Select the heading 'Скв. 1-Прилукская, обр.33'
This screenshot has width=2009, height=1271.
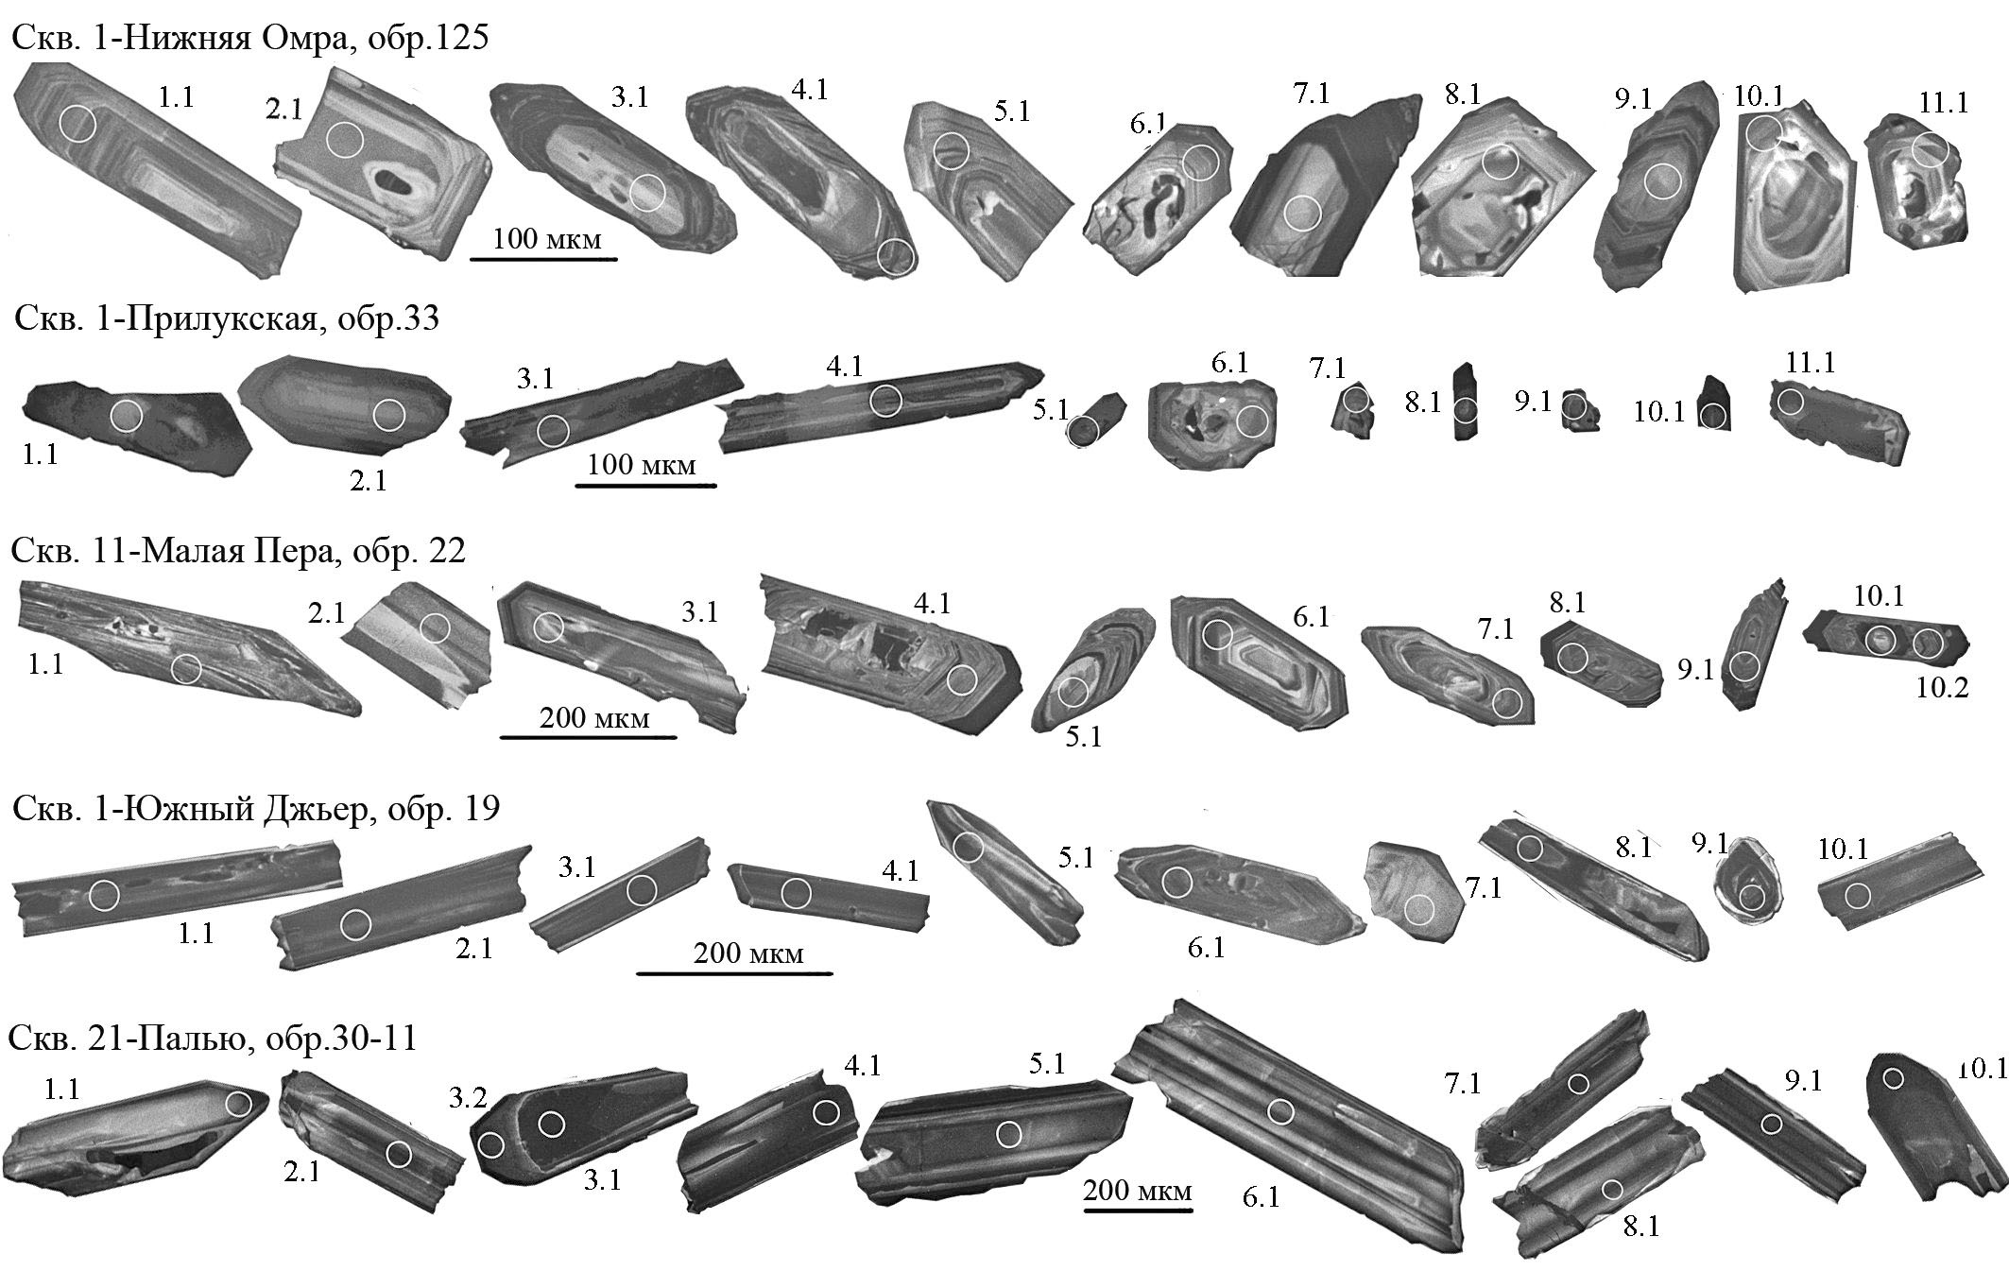(227, 318)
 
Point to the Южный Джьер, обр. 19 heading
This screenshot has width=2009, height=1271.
(255, 809)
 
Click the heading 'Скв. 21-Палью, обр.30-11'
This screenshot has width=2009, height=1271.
(213, 1039)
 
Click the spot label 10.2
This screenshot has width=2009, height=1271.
(1942, 687)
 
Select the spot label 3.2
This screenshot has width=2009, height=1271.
(468, 1098)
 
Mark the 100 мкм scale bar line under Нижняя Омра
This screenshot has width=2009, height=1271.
(543, 258)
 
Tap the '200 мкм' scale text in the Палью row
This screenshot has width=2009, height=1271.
(1138, 1191)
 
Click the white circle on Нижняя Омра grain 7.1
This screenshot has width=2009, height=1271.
(1302, 211)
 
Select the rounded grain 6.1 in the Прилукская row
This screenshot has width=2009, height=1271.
(1213, 424)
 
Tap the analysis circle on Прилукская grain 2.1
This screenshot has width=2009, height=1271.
(388, 414)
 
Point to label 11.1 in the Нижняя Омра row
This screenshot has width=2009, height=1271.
(1944, 102)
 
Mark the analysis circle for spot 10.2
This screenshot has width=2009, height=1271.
(1928, 643)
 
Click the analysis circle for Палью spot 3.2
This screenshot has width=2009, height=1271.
(490, 1144)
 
